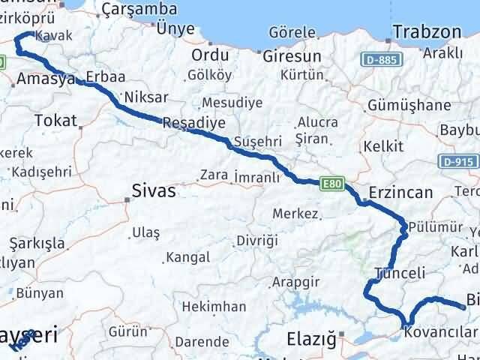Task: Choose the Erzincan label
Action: coord(400,193)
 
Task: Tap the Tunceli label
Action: coord(394,273)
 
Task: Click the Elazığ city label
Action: coord(311,340)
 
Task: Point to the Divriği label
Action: coord(257,241)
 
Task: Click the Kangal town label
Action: coord(187,257)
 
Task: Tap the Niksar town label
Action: coord(143,97)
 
